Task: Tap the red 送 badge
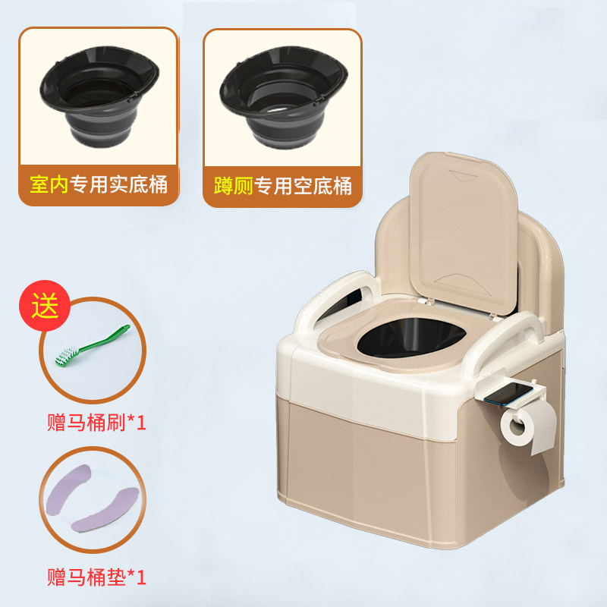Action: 45,306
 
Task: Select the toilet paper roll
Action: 528,425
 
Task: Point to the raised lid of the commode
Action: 464,231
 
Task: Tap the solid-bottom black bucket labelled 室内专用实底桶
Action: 99,96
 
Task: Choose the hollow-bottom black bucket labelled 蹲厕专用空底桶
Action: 283,96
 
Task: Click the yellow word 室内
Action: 49,184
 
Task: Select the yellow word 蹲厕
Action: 234,186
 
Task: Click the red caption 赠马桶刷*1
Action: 96,423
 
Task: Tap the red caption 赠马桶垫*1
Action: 96,577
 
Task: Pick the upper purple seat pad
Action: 68,489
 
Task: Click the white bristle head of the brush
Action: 67,357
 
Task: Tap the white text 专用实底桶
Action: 118,184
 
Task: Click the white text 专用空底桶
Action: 303,186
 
